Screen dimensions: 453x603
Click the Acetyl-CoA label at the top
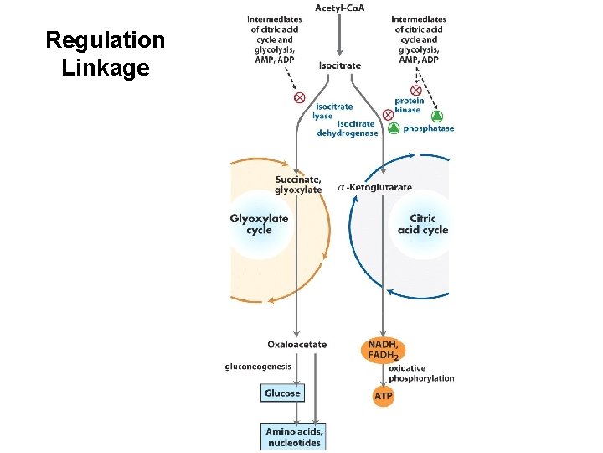[x=339, y=8]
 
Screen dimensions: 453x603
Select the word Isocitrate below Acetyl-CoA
[x=340, y=65]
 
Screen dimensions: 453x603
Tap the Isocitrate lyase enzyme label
[x=333, y=111]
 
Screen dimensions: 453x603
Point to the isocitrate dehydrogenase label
[x=347, y=128]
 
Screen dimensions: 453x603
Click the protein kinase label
[x=409, y=106]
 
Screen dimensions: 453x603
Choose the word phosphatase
[x=428, y=128]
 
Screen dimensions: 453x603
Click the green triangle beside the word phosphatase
[x=394, y=128]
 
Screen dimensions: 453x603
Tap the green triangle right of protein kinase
[x=436, y=116]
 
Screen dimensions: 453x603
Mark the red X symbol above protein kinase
[x=415, y=90]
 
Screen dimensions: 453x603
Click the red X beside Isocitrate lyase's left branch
[x=299, y=98]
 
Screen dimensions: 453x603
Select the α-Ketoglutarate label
[x=374, y=187]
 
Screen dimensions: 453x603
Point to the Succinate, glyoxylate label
[x=298, y=184]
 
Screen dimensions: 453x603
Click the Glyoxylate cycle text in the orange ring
[x=259, y=224]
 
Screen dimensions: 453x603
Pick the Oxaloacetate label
[x=297, y=344]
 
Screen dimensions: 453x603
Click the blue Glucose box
[x=282, y=393]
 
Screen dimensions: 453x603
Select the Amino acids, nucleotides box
[x=293, y=436]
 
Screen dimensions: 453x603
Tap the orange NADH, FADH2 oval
[x=383, y=350]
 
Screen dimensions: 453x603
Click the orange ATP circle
[x=382, y=394]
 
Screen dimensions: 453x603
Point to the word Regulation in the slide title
[x=106, y=40]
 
